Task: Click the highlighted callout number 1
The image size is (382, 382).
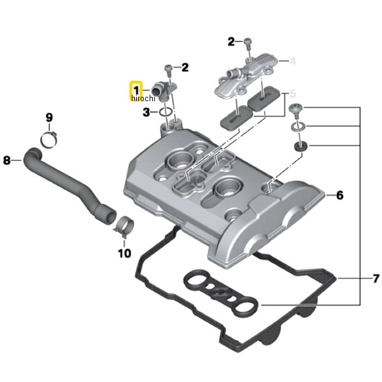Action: click(136, 90)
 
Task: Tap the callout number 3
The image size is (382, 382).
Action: click(146, 112)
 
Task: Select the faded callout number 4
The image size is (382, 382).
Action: click(293, 61)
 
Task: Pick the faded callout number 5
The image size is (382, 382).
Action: click(293, 94)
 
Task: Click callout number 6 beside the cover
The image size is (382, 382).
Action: click(339, 195)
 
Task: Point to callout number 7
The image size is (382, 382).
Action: click(376, 278)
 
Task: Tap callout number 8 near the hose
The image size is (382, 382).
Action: click(7, 160)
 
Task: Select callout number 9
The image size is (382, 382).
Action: click(49, 118)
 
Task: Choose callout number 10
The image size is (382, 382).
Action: click(125, 253)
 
